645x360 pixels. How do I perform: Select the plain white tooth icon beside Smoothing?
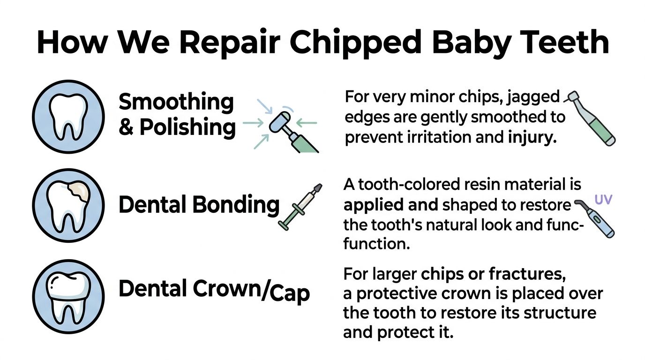(x=69, y=117)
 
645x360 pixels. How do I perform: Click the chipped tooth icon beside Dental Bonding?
(x=69, y=205)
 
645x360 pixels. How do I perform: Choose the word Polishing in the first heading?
(x=187, y=127)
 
